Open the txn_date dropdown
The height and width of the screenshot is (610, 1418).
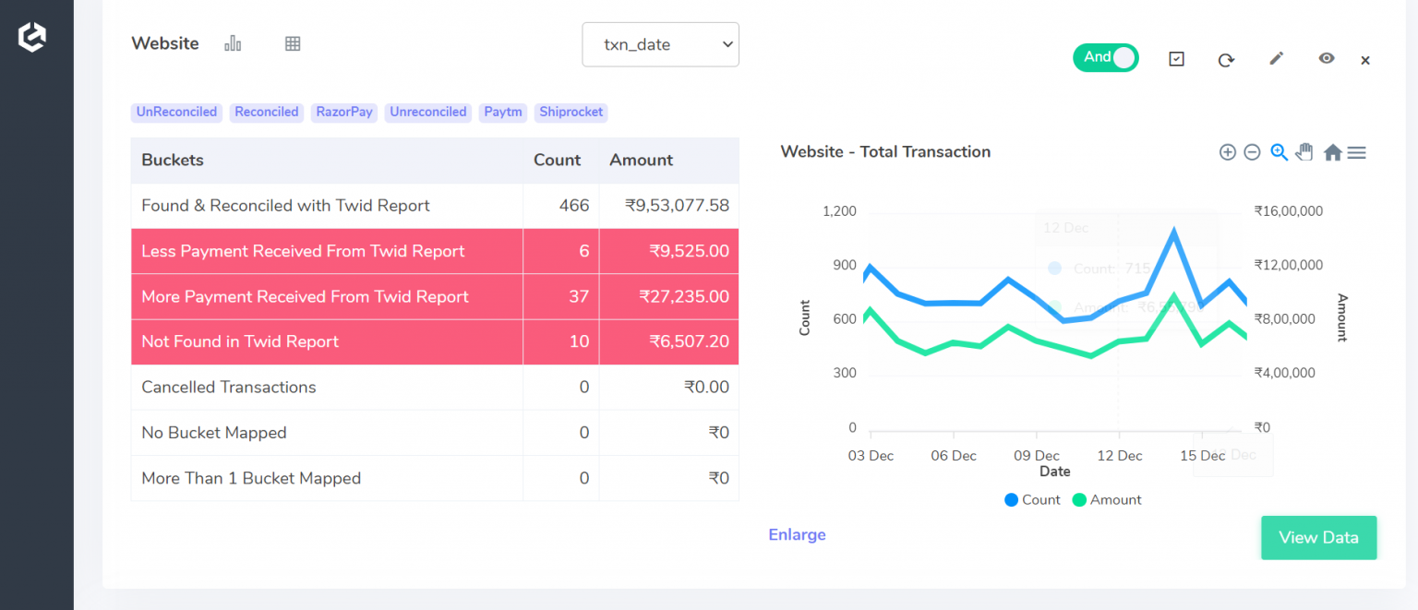(x=660, y=44)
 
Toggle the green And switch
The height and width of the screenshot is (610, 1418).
(x=1105, y=58)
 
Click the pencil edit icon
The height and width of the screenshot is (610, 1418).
(x=1276, y=59)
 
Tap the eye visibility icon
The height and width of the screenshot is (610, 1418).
(x=1326, y=58)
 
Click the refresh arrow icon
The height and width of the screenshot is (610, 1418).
(x=1226, y=60)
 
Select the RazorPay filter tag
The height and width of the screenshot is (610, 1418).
(x=344, y=113)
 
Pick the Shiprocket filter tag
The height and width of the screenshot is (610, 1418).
(x=571, y=113)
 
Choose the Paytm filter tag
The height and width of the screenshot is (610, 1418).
(x=503, y=113)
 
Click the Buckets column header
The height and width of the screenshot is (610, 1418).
(x=173, y=161)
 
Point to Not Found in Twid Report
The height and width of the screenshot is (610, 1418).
(x=240, y=342)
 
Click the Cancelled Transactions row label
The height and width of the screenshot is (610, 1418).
(x=229, y=388)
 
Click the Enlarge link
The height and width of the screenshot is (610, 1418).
(x=797, y=535)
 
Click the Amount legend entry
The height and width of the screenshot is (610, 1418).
(x=1107, y=500)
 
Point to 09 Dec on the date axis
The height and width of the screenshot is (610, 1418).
(x=1036, y=456)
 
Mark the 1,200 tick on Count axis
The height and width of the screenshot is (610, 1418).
(x=839, y=211)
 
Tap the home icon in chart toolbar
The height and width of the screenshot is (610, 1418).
(x=1332, y=153)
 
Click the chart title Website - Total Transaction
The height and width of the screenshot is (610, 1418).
(x=885, y=152)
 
